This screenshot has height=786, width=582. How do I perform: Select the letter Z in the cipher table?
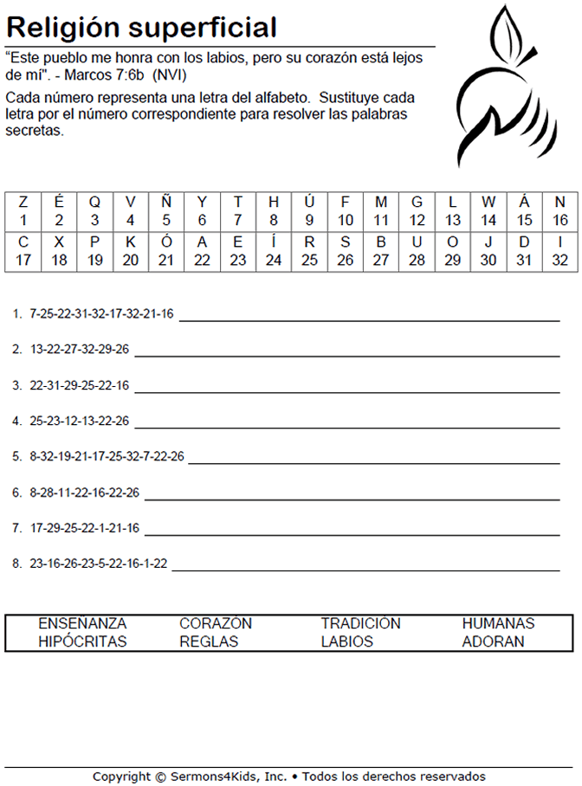coord(23,202)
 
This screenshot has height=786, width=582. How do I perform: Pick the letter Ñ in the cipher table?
coord(166,202)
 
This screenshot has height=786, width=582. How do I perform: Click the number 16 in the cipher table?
coord(560,221)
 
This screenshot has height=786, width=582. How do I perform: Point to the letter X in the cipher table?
coord(59,242)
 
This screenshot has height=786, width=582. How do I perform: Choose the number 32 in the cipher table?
coord(560,261)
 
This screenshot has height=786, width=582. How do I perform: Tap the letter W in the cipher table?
coord(488,202)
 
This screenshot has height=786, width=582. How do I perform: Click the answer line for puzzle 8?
coord(365,569)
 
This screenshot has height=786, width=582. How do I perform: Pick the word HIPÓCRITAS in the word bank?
coord(82,642)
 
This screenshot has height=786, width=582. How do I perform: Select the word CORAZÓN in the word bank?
coord(216,623)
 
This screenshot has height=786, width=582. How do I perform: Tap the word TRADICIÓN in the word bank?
coord(360,623)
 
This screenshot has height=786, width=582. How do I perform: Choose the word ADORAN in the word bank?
coord(493,642)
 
